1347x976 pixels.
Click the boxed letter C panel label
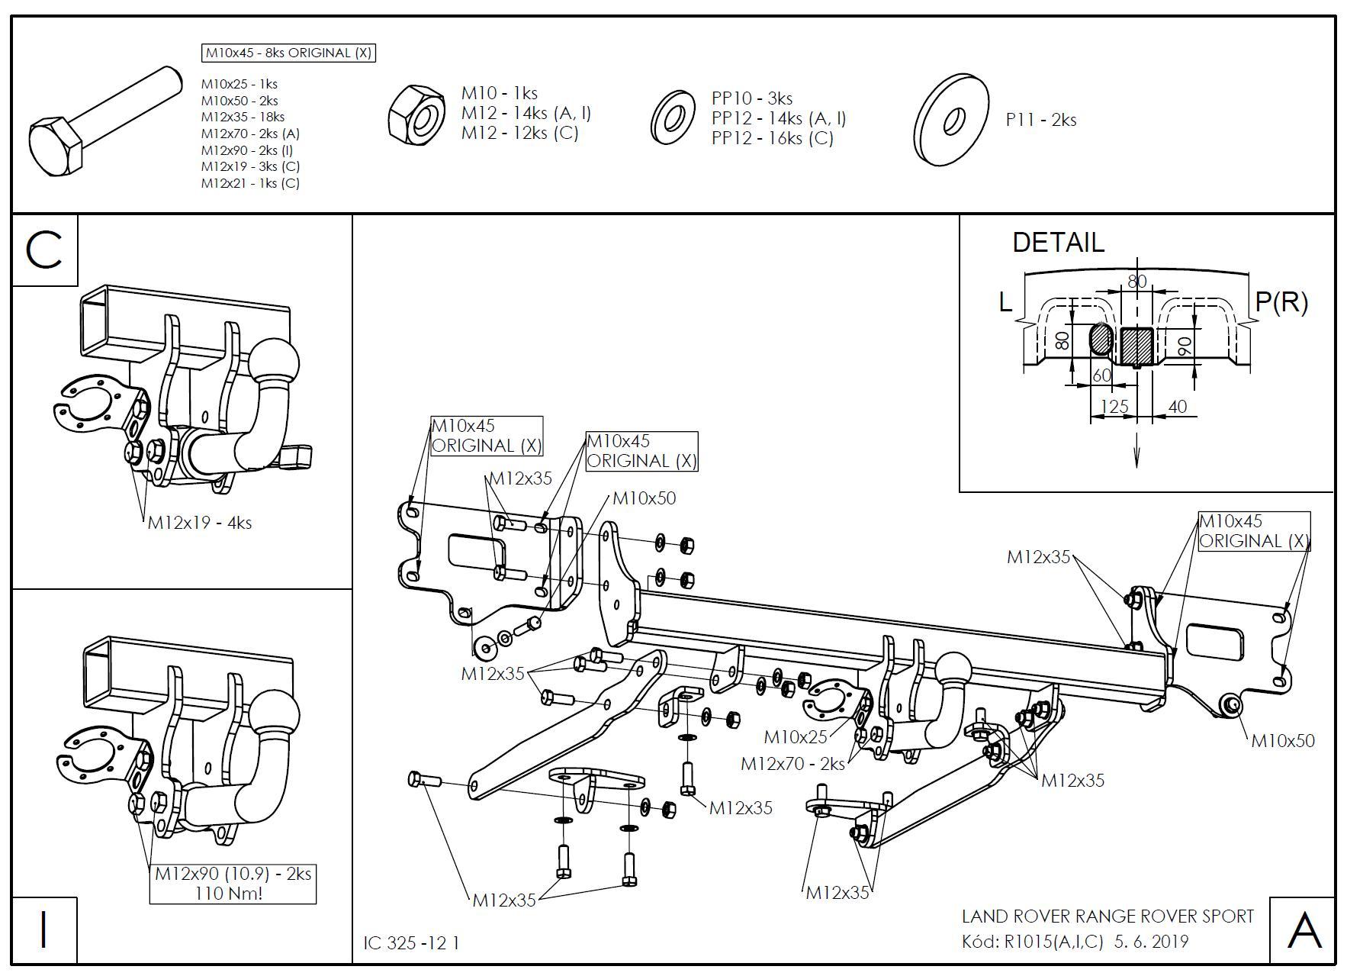tap(44, 250)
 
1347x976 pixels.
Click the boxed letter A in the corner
tap(1304, 931)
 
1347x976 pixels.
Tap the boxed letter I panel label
tap(43, 930)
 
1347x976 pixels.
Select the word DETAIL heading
tap(1058, 243)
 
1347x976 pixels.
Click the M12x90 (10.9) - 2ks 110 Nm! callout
tap(233, 883)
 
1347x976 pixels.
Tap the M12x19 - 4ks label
tap(200, 523)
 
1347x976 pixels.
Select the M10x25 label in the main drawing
tap(796, 737)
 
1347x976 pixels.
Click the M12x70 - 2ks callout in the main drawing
tap(792, 764)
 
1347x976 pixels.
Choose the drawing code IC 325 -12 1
tap(412, 943)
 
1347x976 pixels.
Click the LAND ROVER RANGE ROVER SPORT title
tap(1107, 916)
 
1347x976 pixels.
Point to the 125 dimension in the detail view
tap(1114, 407)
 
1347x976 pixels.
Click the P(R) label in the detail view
tap(1281, 302)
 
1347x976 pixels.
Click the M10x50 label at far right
tap(1283, 740)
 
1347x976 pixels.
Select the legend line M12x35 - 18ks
tap(243, 117)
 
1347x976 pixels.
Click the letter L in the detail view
tap(1005, 303)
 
